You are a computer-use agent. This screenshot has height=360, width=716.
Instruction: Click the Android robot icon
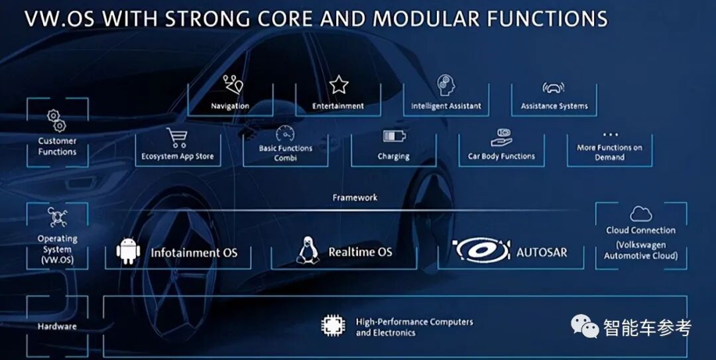(x=128, y=251)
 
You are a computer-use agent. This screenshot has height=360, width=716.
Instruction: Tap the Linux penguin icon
(x=307, y=251)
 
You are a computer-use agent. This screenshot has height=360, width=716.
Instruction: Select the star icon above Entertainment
(x=339, y=84)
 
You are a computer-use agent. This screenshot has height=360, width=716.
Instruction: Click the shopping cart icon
(x=176, y=138)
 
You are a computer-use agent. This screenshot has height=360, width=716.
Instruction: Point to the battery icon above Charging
(x=394, y=136)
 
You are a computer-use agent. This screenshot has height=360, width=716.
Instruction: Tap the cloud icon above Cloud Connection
(x=640, y=213)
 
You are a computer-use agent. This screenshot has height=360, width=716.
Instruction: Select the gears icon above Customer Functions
(x=56, y=121)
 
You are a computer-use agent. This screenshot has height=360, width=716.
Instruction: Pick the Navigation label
(x=230, y=106)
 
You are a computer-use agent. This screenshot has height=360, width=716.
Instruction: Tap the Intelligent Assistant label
(x=446, y=106)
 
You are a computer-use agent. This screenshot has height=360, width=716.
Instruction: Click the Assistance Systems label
(x=554, y=106)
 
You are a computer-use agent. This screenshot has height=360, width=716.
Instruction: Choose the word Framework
(x=355, y=198)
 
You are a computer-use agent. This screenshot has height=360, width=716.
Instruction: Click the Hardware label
(x=57, y=326)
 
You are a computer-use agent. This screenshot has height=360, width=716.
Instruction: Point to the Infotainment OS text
(x=194, y=253)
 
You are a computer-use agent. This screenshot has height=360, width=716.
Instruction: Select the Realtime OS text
(x=360, y=252)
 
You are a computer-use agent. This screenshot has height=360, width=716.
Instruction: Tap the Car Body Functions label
(x=501, y=156)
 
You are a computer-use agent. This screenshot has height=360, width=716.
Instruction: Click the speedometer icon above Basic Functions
(x=285, y=133)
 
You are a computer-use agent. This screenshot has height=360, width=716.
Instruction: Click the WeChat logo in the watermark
(x=586, y=326)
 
